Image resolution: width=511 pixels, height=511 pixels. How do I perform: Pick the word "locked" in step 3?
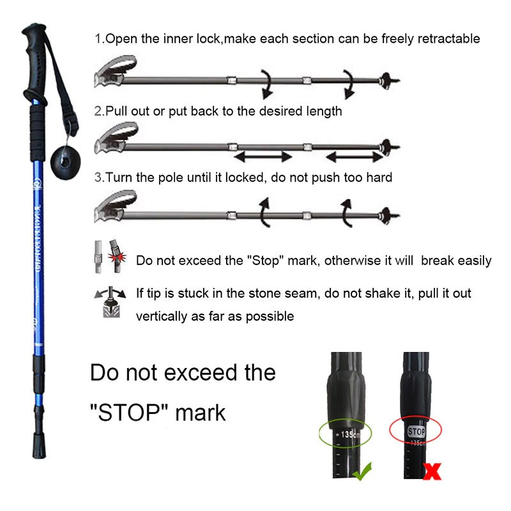241,177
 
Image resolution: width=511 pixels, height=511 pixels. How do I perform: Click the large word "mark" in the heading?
201,412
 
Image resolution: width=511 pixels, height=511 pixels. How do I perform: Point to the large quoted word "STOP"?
130,412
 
